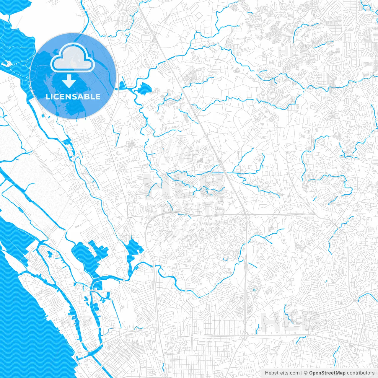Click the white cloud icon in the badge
click(x=72, y=58)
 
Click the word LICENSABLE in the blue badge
click(x=73, y=97)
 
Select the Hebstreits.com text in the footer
click(x=282, y=373)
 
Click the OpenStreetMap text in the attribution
click(x=327, y=373)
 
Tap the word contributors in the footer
click(x=360, y=373)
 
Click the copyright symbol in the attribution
click(x=306, y=373)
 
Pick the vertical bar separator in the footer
click(x=302, y=373)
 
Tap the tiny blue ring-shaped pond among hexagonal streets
click(x=254, y=290)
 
